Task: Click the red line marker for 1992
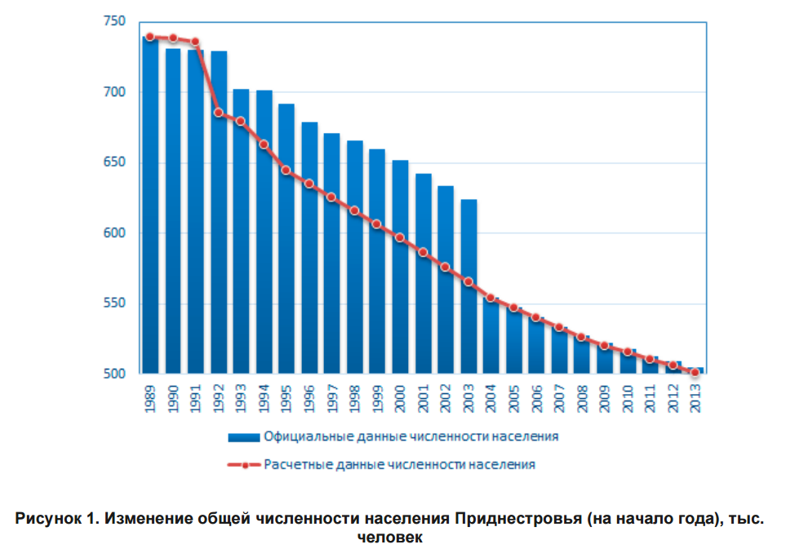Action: (x=219, y=113)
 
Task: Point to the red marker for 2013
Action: (x=695, y=372)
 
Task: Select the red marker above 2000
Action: (x=400, y=237)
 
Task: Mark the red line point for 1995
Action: (x=286, y=170)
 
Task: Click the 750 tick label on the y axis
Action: (x=115, y=21)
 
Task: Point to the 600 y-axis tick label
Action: (x=115, y=233)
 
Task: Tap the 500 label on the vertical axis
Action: (x=115, y=374)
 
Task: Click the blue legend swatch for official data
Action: (x=243, y=437)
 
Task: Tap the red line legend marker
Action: (x=243, y=465)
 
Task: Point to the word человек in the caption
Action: (x=390, y=537)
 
